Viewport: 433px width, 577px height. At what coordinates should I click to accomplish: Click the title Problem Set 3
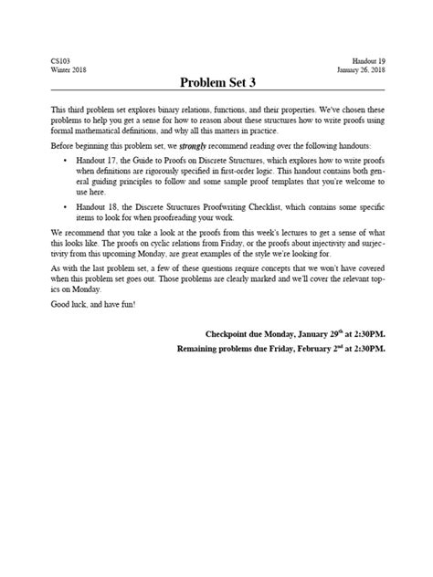[216, 83]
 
